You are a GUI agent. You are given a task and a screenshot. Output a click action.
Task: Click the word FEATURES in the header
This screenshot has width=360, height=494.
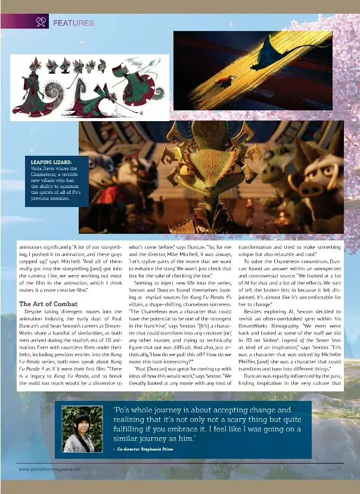coord(73,23)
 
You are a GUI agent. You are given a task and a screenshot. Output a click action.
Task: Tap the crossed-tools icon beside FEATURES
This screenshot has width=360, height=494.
coord(41,23)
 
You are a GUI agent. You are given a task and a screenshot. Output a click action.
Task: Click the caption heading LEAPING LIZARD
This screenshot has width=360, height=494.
coord(51,162)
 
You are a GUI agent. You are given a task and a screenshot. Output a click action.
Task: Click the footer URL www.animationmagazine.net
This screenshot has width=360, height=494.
coord(49,469)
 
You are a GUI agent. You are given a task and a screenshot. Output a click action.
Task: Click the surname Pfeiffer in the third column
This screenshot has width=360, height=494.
coord(249,360)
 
